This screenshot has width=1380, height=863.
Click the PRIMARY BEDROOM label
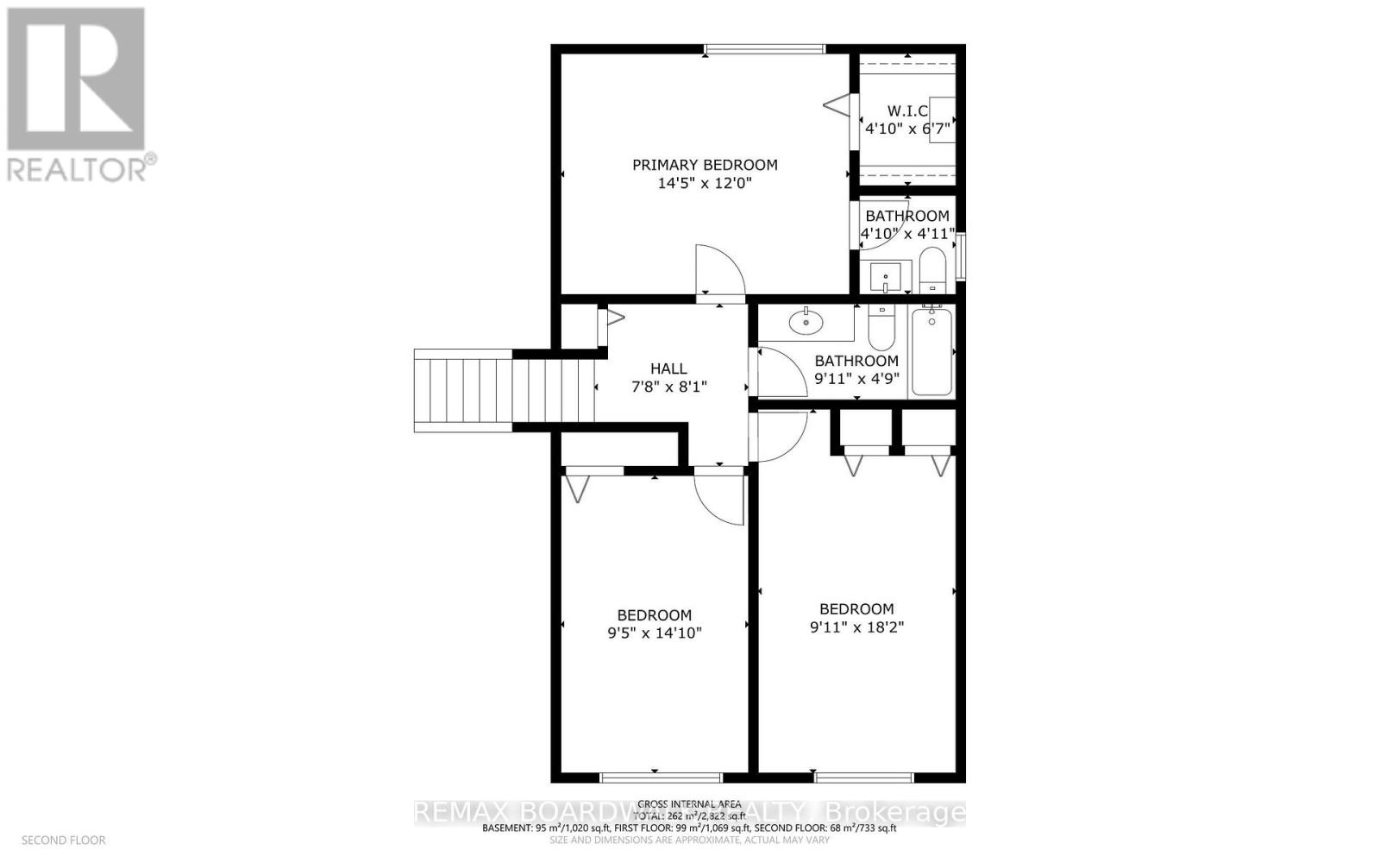click(x=705, y=165)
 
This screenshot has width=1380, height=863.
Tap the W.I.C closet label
click(x=907, y=110)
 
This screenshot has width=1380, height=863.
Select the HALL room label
click(x=668, y=369)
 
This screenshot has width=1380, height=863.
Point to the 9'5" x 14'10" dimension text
click(x=655, y=633)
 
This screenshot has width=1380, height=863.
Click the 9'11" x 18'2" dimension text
click(x=856, y=627)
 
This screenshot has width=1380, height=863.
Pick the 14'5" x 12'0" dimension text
click(x=705, y=183)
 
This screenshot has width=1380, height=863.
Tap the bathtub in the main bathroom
click(x=931, y=353)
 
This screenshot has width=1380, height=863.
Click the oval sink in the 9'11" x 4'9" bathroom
click(x=806, y=322)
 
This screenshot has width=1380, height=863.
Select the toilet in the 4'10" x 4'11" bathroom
click(x=932, y=268)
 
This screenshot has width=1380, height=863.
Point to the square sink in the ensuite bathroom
click(x=885, y=277)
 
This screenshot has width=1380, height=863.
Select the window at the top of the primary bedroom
click(x=763, y=49)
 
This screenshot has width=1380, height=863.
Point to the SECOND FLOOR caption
click(x=63, y=840)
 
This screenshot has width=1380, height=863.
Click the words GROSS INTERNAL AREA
click(x=689, y=804)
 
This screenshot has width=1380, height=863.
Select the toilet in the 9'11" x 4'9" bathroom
click(x=881, y=325)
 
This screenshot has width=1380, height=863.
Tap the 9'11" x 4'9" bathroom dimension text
click(x=856, y=378)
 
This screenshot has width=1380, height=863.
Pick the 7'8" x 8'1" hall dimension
click(x=668, y=387)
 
